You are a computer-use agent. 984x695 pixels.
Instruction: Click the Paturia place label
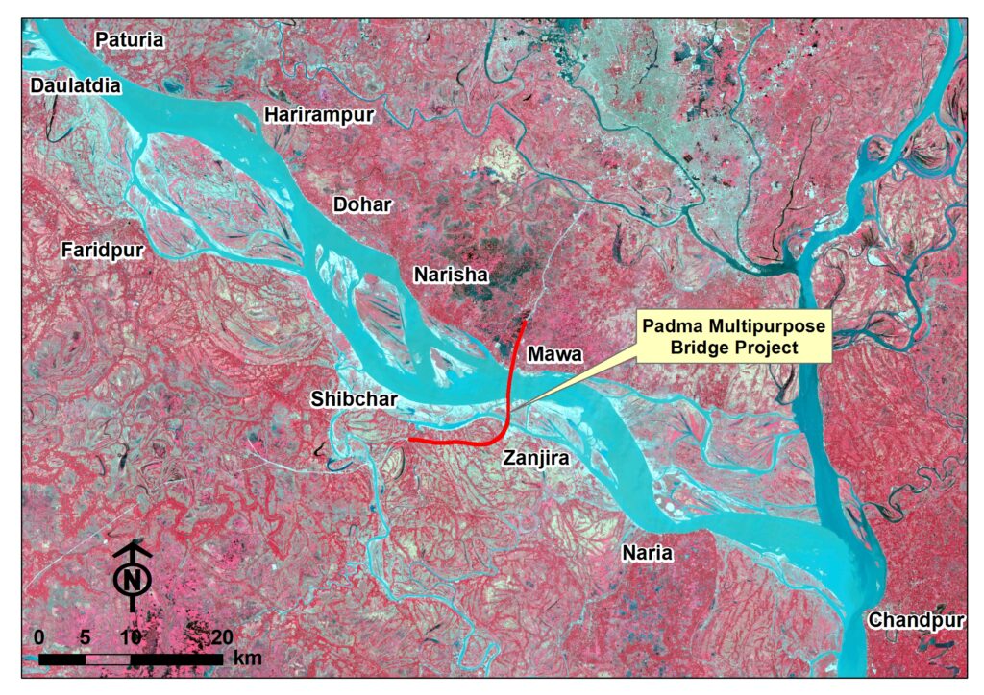coord(130,40)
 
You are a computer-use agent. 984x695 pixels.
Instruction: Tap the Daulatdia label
coord(77,86)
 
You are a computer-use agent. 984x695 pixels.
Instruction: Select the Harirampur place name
coord(319,115)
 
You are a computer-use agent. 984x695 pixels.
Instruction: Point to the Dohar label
coord(365,204)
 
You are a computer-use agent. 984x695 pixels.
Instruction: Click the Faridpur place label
coord(102,252)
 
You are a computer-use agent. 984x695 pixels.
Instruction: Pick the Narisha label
coord(452,276)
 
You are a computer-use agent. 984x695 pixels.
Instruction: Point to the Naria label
coord(647,554)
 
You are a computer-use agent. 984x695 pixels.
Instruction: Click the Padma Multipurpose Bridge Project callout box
coord(734,337)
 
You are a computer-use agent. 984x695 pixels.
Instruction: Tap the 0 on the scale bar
coord(38,637)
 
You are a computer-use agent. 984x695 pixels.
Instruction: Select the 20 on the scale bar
coord(222,637)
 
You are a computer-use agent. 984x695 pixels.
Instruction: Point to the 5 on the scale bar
coord(85,637)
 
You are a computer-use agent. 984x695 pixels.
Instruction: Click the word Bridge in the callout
coord(697,347)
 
